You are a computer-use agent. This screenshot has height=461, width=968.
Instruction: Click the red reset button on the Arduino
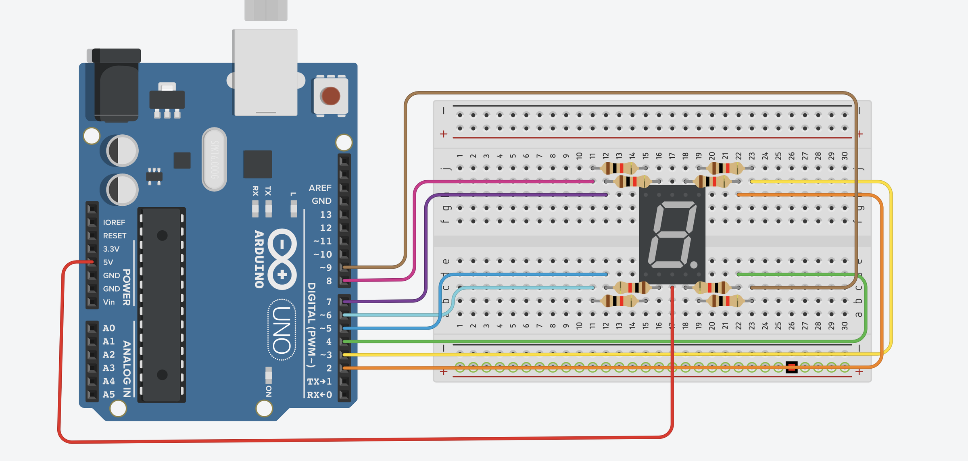[330, 96]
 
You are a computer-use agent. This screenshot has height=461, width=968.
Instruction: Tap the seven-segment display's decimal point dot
[694, 265]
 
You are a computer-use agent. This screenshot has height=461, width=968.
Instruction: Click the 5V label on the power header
[108, 262]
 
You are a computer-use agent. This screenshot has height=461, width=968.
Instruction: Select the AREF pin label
[320, 188]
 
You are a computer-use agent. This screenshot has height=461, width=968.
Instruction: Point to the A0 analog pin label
[108, 328]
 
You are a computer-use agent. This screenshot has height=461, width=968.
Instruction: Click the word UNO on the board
[282, 330]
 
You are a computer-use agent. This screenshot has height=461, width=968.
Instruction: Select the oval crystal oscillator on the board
[214, 159]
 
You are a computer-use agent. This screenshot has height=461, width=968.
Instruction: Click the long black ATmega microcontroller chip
[162, 305]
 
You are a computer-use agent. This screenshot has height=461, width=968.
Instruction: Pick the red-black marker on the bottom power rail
[791, 367]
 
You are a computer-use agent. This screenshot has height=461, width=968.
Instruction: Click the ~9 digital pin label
[325, 268]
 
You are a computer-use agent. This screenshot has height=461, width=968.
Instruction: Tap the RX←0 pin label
[319, 395]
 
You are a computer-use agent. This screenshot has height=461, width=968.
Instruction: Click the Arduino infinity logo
[282, 259]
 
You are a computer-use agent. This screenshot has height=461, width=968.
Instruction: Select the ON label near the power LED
[269, 391]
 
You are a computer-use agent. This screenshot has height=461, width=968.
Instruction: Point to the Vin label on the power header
[108, 302]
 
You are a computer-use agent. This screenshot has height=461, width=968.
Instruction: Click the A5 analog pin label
[108, 394]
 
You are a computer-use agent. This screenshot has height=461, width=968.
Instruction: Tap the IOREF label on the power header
[114, 223]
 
